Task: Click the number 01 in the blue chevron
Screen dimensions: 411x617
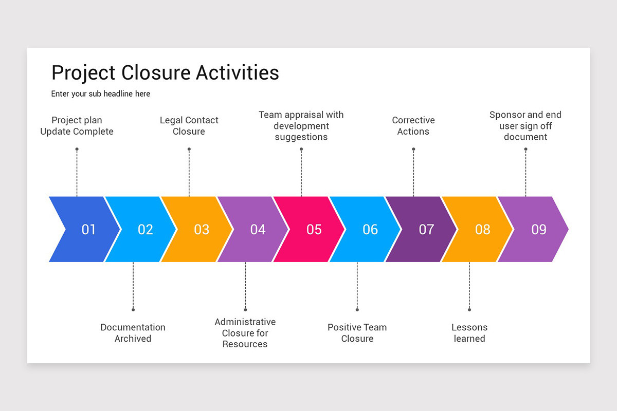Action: click(x=88, y=230)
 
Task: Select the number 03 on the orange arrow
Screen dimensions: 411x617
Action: click(x=202, y=230)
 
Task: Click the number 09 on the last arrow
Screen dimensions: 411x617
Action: click(x=539, y=230)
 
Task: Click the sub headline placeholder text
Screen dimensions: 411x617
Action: click(x=101, y=94)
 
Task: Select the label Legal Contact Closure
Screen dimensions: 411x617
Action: click(x=189, y=126)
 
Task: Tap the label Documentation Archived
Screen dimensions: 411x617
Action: click(x=133, y=333)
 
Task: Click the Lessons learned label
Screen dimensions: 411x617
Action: click(x=469, y=333)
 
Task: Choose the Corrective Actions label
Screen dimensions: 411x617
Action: click(x=413, y=126)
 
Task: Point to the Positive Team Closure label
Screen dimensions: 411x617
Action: click(x=357, y=333)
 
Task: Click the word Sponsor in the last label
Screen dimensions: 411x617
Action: click(x=507, y=115)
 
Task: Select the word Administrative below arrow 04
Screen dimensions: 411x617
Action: click(x=245, y=322)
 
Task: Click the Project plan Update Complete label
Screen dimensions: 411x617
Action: click(x=77, y=126)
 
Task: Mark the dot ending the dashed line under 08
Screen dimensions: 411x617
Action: click(x=469, y=310)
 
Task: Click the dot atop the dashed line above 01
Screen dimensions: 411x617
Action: click(x=77, y=150)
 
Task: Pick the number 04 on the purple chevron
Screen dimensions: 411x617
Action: click(x=258, y=230)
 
